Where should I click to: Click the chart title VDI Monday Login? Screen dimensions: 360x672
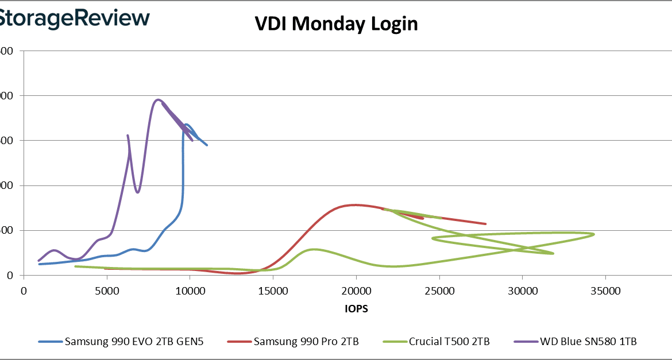[x=336, y=24]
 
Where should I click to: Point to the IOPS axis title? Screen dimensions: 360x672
[x=356, y=308]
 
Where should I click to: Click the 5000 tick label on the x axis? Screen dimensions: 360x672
[x=107, y=291]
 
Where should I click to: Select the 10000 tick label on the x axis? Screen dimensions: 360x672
[x=190, y=291]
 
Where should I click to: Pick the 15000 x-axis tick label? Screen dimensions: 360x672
[x=273, y=291]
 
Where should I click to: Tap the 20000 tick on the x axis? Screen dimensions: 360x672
[x=356, y=291]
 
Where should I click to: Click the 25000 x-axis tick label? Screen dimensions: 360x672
[x=439, y=291]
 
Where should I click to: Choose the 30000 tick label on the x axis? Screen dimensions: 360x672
[x=523, y=291]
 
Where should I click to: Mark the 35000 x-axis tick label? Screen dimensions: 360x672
[x=605, y=291]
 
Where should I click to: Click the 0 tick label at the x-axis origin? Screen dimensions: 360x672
[x=24, y=291]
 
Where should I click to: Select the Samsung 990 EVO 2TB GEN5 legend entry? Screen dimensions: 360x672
[x=121, y=342]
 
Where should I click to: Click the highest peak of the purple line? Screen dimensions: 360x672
[x=158, y=100]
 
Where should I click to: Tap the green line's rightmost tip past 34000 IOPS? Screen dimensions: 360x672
[x=593, y=234]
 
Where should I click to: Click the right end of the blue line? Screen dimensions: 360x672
[x=207, y=145]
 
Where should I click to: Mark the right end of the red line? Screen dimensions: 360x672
[x=485, y=224]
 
